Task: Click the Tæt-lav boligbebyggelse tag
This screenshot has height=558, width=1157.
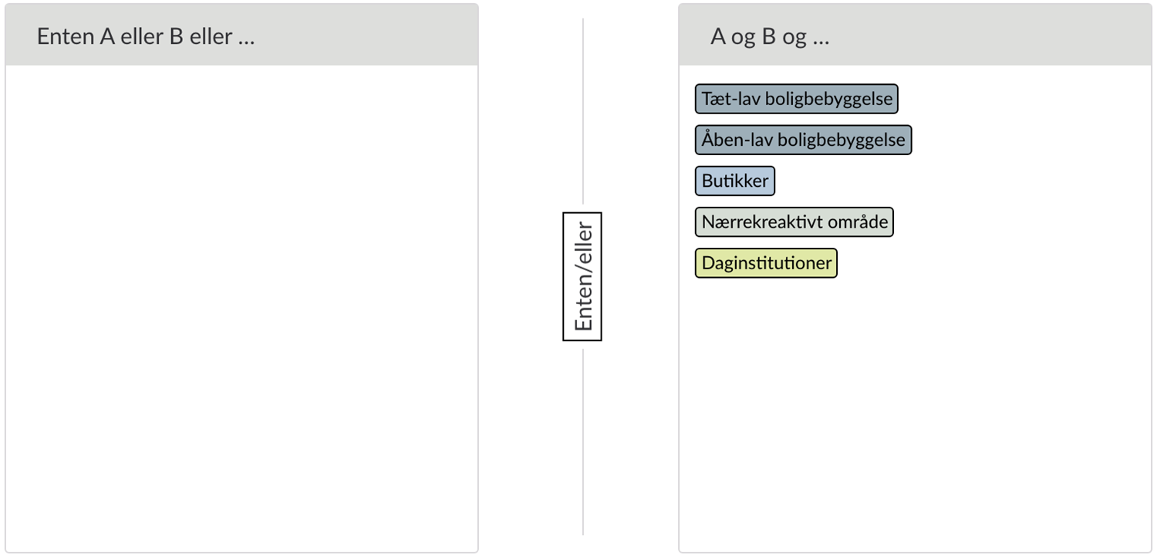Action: point(797,99)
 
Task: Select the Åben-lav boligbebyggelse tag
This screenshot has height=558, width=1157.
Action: point(803,140)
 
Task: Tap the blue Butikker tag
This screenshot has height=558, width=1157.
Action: point(735,181)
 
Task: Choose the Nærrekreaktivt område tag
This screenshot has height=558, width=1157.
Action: point(794,222)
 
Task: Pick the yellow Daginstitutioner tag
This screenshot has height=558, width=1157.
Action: point(766,263)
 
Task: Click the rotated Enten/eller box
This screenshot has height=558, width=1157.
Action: point(582,276)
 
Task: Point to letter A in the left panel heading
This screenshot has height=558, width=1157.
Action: point(107,37)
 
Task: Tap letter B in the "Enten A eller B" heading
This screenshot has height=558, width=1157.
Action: point(177,37)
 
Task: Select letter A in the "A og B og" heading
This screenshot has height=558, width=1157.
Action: point(718,37)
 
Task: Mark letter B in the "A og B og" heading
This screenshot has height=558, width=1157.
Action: point(769,37)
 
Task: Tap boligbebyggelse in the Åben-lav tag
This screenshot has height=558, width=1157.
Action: point(842,140)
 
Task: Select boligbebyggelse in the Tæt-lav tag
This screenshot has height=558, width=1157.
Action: point(829,100)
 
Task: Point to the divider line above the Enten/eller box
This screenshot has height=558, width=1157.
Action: point(583,111)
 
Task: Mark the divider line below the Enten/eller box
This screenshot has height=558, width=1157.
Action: point(583,441)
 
